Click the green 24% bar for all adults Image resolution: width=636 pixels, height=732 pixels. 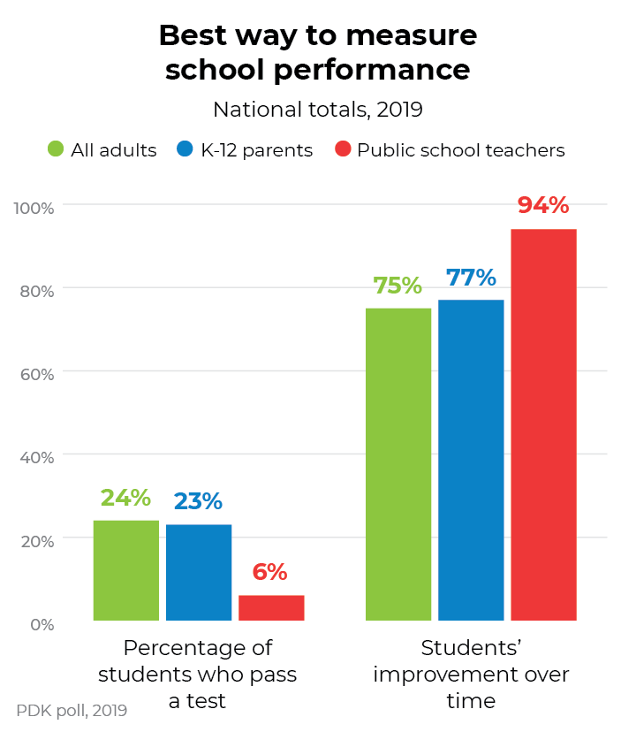click(x=126, y=570)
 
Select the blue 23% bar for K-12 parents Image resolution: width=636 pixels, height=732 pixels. click(x=199, y=573)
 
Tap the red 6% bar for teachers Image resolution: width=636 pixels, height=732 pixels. click(x=271, y=608)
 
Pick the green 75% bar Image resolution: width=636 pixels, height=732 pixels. click(x=398, y=464)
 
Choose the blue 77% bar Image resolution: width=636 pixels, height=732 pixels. click(x=471, y=460)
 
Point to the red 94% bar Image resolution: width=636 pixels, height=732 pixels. click(x=543, y=424)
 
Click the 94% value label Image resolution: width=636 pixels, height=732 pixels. click(x=543, y=205)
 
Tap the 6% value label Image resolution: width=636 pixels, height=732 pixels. click(x=270, y=572)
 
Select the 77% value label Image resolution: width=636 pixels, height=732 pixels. click(x=471, y=278)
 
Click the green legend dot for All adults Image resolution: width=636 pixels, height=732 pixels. click(x=56, y=149)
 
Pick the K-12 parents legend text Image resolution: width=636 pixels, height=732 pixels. click(x=256, y=150)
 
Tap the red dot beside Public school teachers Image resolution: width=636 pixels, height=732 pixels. click(x=344, y=149)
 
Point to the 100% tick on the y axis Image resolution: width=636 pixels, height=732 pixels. click(x=34, y=208)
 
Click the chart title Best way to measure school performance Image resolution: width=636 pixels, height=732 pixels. click(x=318, y=52)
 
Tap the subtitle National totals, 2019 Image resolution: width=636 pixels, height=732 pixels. click(x=318, y=111)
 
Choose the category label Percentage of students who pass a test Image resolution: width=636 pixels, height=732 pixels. click(x=198, y=675)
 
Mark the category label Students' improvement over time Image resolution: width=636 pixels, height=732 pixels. click(x=471, y=675)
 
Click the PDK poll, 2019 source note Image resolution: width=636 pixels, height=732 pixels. click(x=72, y=710)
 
